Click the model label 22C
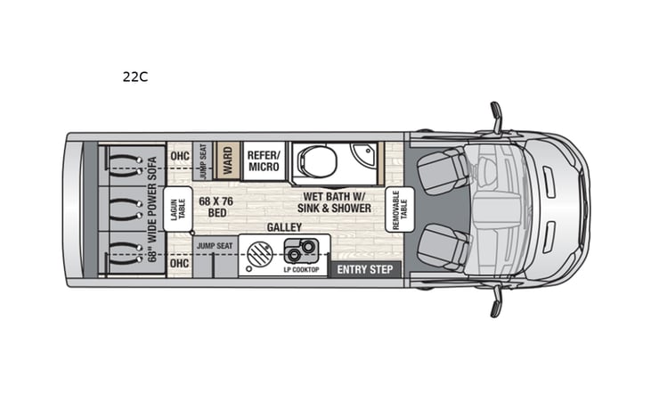click(135, 77)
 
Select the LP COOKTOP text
click(300, 268)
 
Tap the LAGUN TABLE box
click(178, 210)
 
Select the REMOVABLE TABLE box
click(398, 210)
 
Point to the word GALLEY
click(283, 228)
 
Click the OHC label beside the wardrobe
click(179, 156)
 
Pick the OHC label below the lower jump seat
click(179, 264)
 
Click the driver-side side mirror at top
click(496, 117)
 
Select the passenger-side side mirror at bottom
click(496, 301)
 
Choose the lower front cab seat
click(442, 245)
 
